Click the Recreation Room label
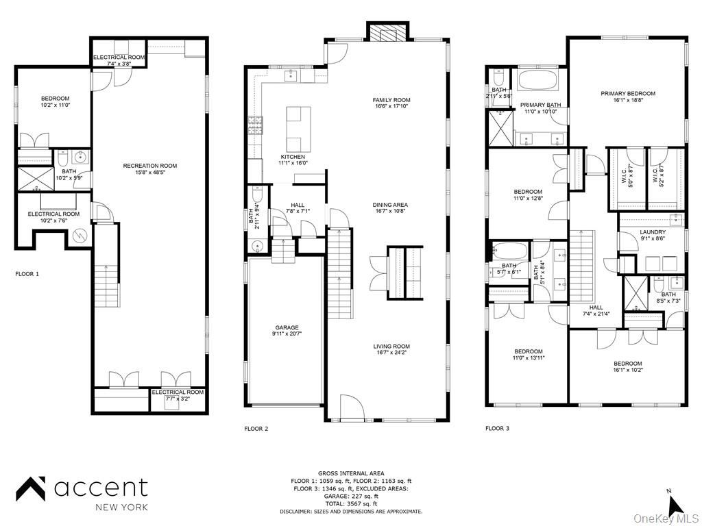[149, 166]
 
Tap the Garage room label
[287, 328]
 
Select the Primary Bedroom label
[628, 94]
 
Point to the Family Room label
[391, 100]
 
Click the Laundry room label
[653, 232]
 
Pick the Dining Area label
[390, 205]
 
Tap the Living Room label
[391, 347]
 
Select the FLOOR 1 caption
[27, 274]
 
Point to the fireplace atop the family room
[388, 32]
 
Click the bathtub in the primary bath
[538, 80]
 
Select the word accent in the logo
[101, 488]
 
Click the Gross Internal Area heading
[350, 473]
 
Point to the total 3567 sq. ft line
[350, 503]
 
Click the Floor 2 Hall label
[298, 205]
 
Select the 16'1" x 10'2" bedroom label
[627, 364]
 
